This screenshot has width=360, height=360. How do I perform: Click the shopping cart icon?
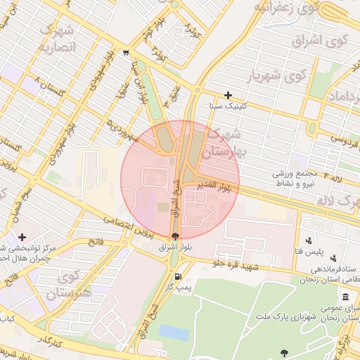[125, 52]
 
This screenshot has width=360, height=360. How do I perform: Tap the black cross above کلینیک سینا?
[228, 95]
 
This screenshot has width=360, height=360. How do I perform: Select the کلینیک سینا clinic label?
[228, 106]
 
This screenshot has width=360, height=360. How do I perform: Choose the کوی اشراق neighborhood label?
[330, 40]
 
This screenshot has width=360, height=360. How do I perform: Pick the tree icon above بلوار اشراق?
[175, 236]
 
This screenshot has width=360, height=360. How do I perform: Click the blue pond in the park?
[174, 332]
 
